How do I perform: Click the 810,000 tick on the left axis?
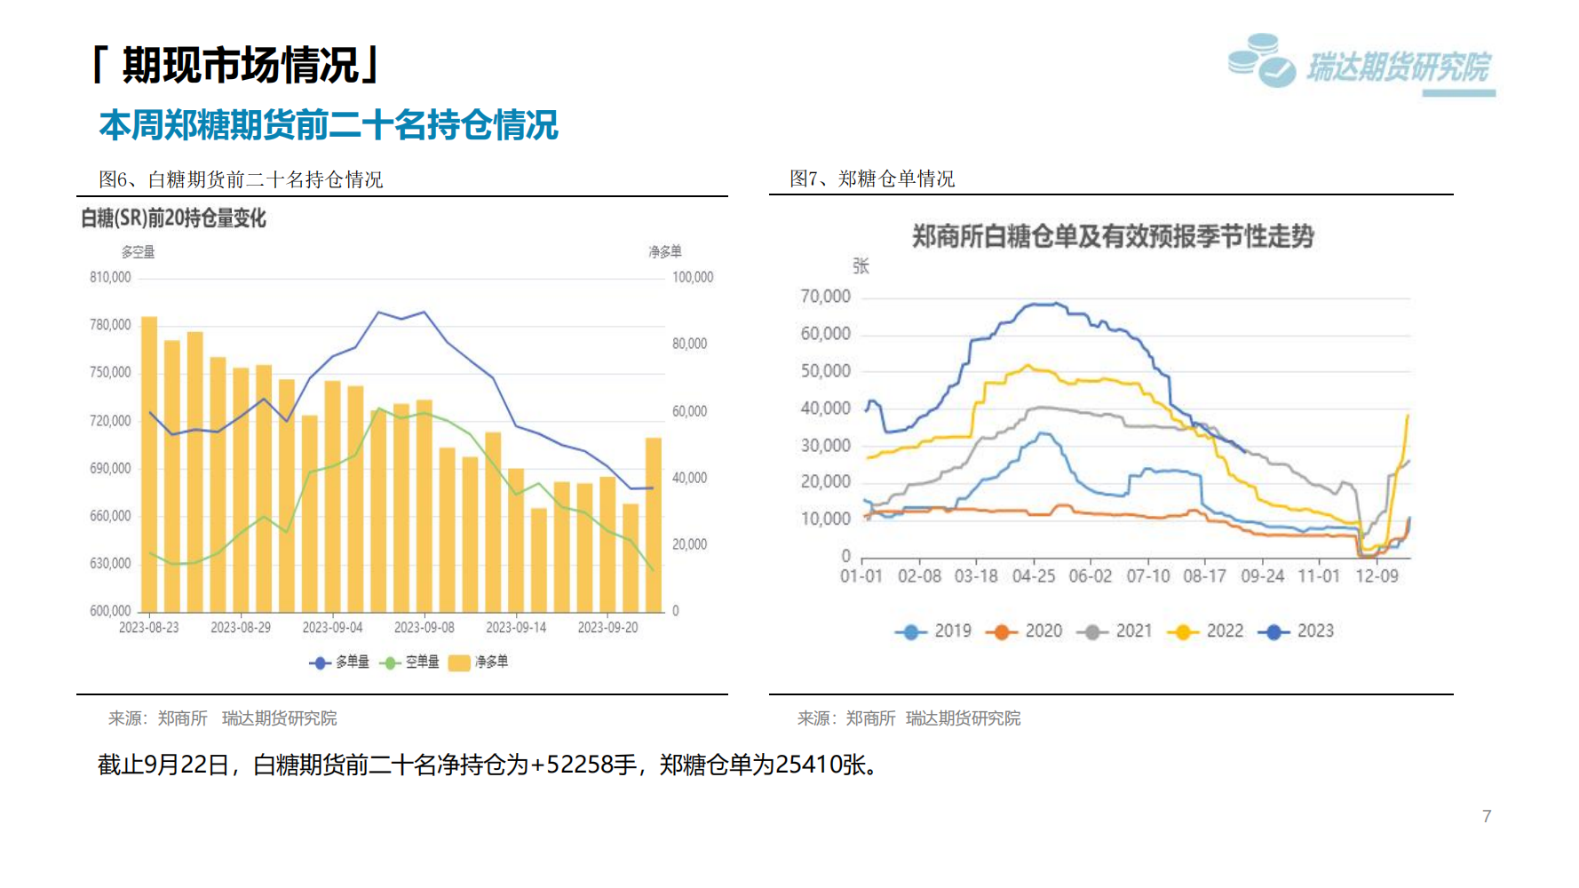coord(110,277)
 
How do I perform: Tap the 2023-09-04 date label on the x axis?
coord(332,627)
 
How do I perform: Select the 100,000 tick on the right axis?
coord(693,277)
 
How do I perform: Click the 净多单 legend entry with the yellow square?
coord(479,662)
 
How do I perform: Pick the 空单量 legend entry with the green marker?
coord(409,662)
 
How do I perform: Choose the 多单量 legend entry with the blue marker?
coord(339,662)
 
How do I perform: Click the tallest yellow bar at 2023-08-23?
coord(149,462)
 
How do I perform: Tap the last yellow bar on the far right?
coord(654,524)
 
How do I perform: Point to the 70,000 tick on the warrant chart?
coord(825,297)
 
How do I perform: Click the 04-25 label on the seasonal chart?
coord(1034,576)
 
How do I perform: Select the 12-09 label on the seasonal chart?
coord(1377,576)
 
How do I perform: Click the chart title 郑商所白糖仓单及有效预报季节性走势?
coord(1113,236)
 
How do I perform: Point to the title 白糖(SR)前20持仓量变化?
coord(173,218)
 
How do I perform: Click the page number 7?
coord(1487,816)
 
